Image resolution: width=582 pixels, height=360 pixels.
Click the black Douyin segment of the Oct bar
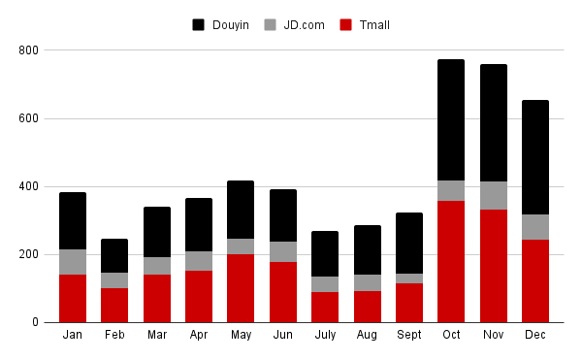click(451, 120)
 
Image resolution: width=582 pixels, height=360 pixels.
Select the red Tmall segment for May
click(241, 288)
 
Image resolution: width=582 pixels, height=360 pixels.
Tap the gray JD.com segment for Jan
click(73, 262)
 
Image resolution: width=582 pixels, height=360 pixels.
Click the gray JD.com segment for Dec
click(535, 227)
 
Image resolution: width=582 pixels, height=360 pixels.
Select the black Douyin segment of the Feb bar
click(114, 256)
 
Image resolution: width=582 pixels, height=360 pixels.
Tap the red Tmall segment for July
click(325, 307)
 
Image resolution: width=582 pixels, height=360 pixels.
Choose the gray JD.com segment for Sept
click(409, 278)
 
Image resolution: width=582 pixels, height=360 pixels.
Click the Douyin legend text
click(229, 24)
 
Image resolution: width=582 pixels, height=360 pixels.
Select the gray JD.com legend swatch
click(272, 24)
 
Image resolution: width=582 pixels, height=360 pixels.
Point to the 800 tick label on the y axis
click(29, 50)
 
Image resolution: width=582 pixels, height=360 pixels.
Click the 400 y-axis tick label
click(29, 186)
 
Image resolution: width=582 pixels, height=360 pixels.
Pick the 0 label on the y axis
click(35, 322)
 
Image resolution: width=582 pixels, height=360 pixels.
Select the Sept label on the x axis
click(409, 335)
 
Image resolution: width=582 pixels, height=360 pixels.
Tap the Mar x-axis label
click(157, 335)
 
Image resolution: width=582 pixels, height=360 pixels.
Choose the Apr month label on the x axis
click(199, 335)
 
